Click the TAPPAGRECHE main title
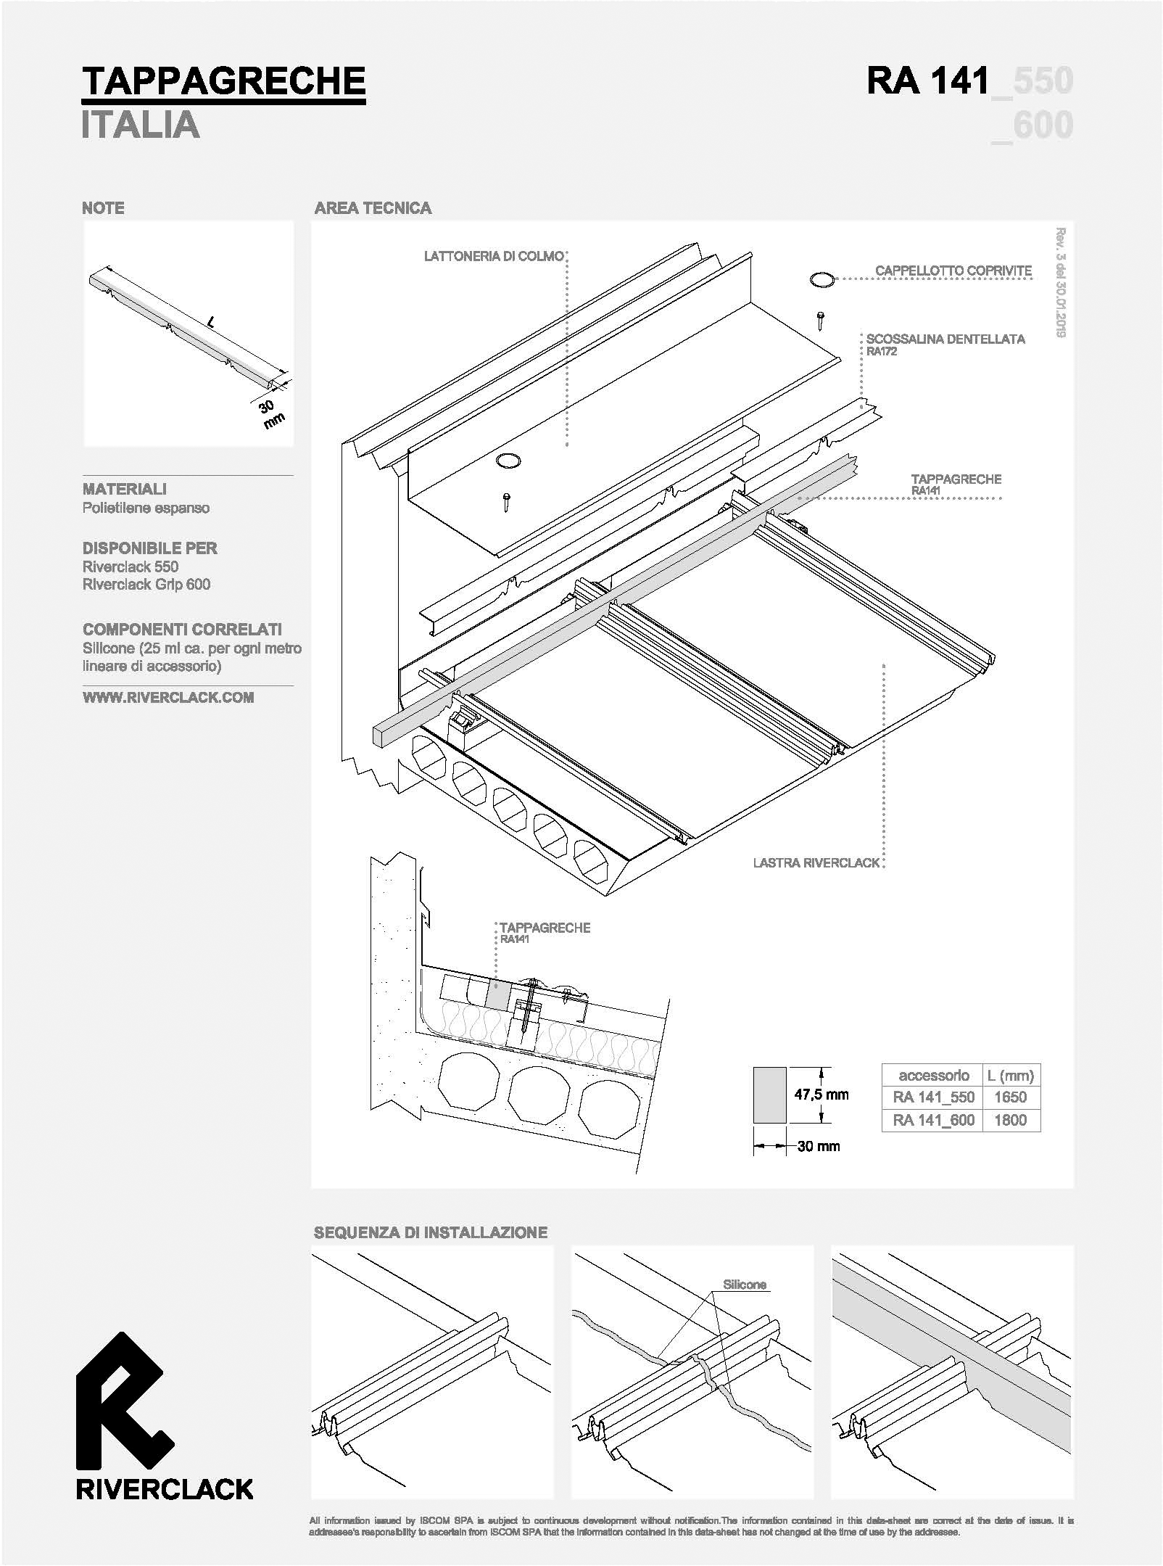[x=223, y=81]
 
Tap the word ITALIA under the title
[x=141, y=125]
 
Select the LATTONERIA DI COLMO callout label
[x=494, y=256]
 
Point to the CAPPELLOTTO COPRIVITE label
[x=953, y=271]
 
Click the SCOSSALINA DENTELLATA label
[x=945, y=339]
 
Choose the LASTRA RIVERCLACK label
[x=816, y=863]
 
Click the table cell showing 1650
[x=1010, y=1097]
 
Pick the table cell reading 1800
[x=1010, y=1120]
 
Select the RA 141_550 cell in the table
[x=934, y=1097]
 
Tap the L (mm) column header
[x=1010, y=1076]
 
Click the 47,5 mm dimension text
[x=821, y=1095]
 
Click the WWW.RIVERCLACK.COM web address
[x=168, y=698]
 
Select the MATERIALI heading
[x=125, y=490]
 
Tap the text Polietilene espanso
[x=146, y=508]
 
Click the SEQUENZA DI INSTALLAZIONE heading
[x=431, y=1232]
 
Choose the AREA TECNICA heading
[x=373, y=208]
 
